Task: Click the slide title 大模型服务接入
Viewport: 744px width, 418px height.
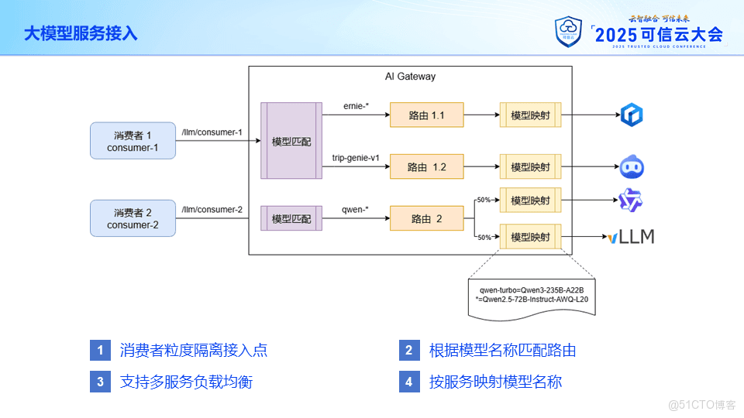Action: click(x=80, y=33)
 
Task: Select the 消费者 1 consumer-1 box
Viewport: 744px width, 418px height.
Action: click(x=133, y=141)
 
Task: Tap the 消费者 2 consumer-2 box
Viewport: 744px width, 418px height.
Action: click(x=133, y=218)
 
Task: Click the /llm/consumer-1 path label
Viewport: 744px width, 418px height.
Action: click(x=212, y=132)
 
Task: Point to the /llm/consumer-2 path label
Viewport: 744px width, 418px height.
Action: click(x=212, y=210)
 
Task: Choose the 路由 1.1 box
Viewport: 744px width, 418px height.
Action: click(x=426, y=115)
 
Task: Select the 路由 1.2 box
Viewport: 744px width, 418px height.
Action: click(x=426, y=166)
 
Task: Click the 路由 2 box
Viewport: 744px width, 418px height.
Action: click(x=426, y=219)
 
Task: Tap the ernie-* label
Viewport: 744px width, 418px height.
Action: click(x=356, y=106)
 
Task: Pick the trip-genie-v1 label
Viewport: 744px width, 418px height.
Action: click(x=356, y=158)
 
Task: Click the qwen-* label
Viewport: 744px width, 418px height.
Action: click(x=355, y=209)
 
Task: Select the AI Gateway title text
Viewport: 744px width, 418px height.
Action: click(x=410, y=77)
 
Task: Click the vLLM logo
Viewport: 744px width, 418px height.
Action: click(x=631, y=237)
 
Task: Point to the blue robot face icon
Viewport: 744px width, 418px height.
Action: click(x=632, y=166)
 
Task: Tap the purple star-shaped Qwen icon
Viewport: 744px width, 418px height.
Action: click(x=631, y=201)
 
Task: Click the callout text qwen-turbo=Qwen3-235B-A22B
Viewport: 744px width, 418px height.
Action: click(x=532, y=290)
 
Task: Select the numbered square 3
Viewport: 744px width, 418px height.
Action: click(x=100, y=382)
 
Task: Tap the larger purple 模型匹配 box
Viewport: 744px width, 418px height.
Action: click(x=291, y=141)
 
